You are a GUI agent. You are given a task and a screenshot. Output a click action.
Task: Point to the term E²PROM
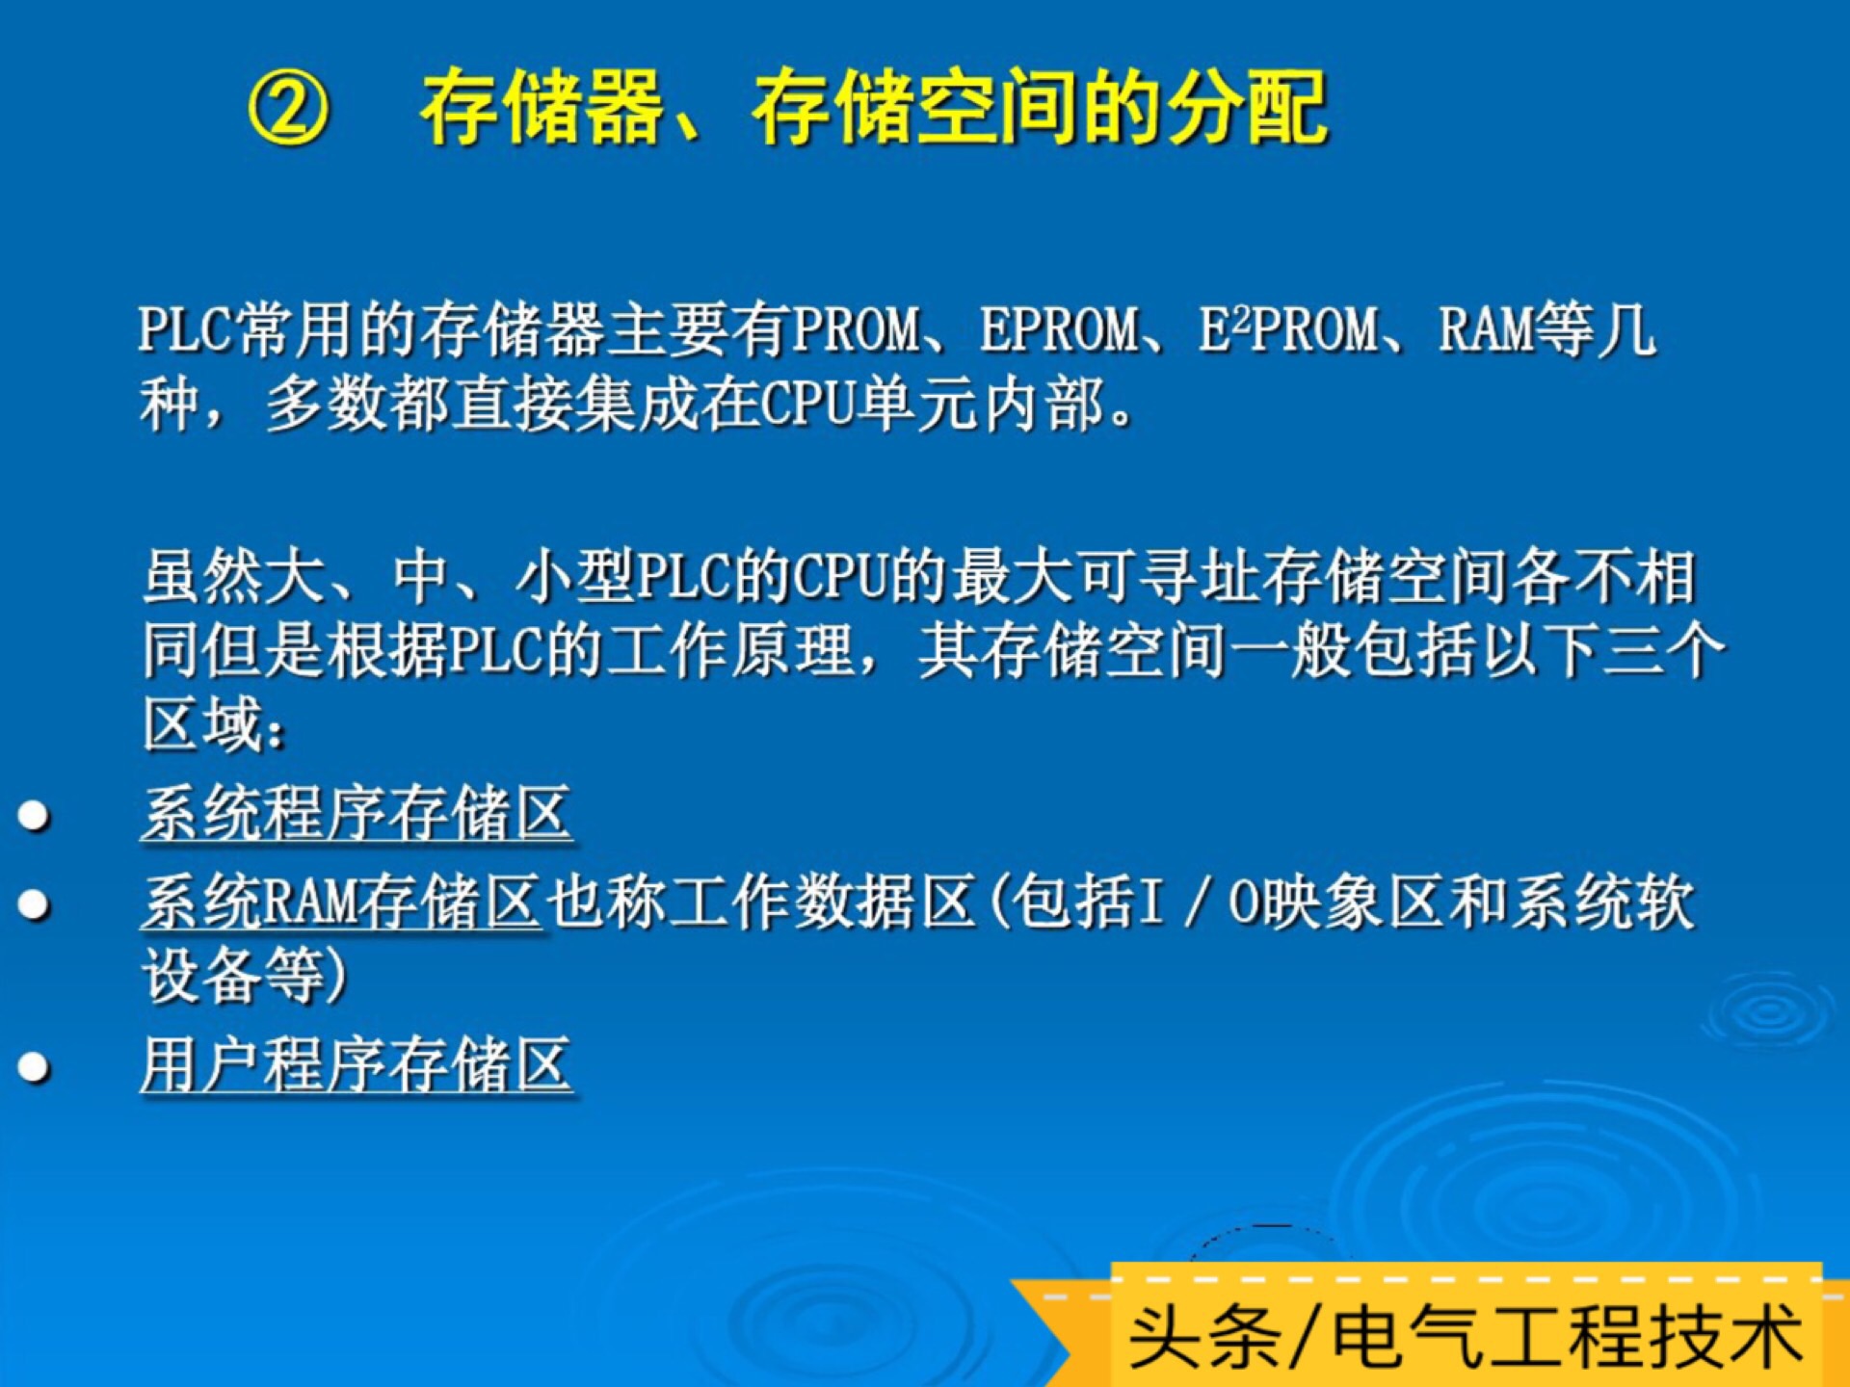coord(1288,330)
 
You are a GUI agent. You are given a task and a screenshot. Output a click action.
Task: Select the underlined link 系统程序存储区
coord(357,815)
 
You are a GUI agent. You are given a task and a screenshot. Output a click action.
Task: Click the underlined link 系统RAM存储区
coord(341,903)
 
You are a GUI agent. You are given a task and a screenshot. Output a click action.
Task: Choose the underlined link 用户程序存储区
coord(357,1065)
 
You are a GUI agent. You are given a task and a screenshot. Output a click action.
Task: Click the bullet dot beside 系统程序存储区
coord(35,816)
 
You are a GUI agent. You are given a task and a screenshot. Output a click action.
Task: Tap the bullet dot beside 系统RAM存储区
coord(35,904)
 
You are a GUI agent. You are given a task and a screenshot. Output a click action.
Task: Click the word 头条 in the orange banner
coord(1203,1337)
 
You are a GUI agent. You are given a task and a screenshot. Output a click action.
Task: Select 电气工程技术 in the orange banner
coord(1567,1337)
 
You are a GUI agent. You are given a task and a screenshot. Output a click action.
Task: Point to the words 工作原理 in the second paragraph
coord(728,650)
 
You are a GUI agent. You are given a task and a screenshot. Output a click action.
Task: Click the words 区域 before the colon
coord(202,724)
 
